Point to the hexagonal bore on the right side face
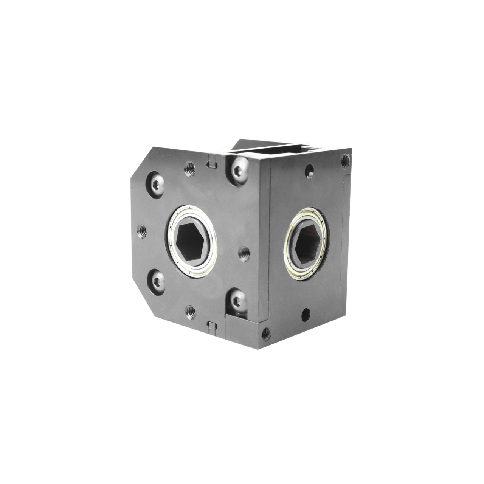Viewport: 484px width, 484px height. (307, 243)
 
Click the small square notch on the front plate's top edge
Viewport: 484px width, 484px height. (212, 163)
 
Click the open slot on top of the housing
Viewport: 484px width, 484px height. (287, 150)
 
